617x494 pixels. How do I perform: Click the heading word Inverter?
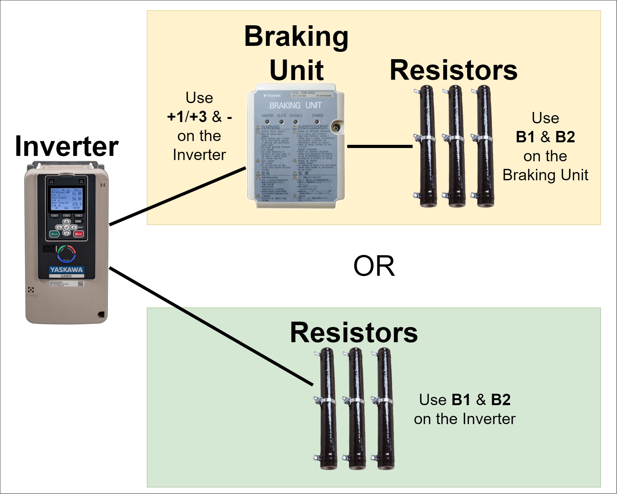(66, 146)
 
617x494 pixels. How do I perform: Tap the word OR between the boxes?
(374, 266)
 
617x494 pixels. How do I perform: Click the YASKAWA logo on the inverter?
(66, 270)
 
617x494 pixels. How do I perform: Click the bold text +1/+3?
(187, 117)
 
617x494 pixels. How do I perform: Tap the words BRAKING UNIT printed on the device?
(295, 106)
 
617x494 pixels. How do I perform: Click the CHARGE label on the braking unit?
(317, 115)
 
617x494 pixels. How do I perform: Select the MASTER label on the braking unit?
(267, 116)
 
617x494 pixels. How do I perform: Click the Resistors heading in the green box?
(354, 333)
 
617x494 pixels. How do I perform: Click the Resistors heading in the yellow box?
(453, 70)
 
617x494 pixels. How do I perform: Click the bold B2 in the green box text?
(501, 399)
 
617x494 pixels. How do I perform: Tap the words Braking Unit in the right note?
(545, 175)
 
